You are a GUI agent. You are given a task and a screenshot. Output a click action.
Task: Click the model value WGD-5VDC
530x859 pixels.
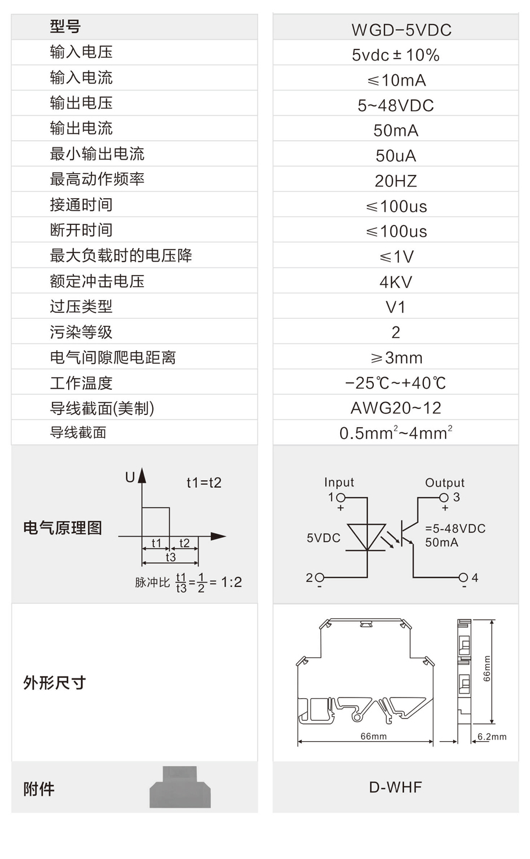pos(401,30)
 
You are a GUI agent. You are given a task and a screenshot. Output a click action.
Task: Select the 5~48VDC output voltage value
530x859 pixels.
pos(395,105)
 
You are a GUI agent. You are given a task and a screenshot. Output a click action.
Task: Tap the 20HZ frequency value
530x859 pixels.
pos(395,181)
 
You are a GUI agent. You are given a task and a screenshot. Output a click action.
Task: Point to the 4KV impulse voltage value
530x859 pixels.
pos(395,282)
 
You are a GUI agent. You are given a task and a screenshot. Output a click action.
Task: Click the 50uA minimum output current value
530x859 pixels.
pos(395,156)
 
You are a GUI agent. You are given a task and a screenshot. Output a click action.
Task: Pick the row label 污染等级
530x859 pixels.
pos(81,332)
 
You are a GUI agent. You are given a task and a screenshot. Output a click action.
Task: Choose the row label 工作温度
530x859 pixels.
pos(81,383)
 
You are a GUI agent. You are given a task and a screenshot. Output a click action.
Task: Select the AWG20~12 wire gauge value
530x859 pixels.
pos(395,408)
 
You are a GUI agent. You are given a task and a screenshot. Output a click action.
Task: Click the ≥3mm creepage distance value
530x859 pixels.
pos(396,358)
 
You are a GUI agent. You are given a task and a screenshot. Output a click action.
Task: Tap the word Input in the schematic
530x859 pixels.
pos(339,482)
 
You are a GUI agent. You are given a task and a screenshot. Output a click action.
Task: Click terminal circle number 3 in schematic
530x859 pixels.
pos(444,498)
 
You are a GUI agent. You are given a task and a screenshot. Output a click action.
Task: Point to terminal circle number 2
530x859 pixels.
pos(319,577)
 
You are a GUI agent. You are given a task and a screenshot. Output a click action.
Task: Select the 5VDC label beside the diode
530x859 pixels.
pos(323,538)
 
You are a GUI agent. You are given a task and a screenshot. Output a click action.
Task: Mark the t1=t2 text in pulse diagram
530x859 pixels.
pos(204,483)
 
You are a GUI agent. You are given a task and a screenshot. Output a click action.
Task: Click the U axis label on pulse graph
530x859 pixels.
pos(130,477)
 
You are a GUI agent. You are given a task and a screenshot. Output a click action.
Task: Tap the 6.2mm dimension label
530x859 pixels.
pos(492,737)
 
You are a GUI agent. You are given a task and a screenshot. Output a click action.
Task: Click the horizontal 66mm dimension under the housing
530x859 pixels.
pos(373,736)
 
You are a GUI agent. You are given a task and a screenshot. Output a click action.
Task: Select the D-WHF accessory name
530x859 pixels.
pos(395,787)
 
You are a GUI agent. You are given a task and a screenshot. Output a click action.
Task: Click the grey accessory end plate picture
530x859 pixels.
pos(180,787)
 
